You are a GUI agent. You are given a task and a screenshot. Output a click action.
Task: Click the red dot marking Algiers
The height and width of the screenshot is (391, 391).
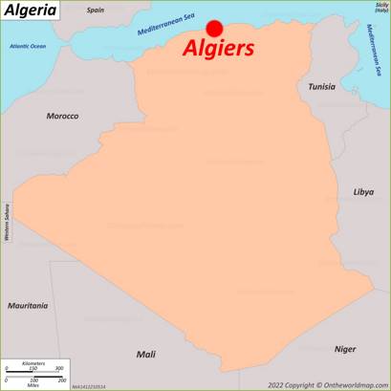(214, 29)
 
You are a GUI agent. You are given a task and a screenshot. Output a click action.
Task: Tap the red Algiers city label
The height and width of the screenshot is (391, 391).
(219, 49)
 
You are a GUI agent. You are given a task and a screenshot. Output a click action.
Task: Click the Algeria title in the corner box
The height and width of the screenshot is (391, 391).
(29, 11)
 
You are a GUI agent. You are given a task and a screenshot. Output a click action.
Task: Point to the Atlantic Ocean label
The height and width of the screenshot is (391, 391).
(28, 46)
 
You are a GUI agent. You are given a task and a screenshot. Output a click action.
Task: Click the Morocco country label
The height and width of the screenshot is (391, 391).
(62, 116)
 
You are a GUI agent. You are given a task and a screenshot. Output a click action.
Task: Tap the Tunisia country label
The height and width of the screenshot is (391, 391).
(321, 87)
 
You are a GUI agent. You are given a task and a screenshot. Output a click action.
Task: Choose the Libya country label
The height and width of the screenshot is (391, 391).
(363, 191)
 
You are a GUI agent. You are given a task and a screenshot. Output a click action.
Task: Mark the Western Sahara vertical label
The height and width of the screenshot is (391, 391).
(7, 222)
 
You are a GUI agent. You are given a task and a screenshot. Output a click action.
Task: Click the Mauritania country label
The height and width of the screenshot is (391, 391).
(28, 306)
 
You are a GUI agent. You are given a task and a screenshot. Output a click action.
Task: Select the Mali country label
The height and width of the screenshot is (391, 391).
(145, 354)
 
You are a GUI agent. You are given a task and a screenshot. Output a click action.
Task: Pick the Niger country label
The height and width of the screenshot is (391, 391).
(345, 349)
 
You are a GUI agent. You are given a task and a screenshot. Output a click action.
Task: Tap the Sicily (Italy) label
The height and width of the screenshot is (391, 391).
(380, 7)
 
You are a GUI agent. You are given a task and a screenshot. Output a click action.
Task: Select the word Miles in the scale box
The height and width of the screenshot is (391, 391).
(33, 385)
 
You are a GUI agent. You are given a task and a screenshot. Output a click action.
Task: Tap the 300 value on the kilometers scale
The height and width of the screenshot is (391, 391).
(58, 368)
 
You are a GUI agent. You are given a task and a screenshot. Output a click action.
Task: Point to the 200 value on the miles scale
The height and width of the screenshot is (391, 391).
(60, 380)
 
